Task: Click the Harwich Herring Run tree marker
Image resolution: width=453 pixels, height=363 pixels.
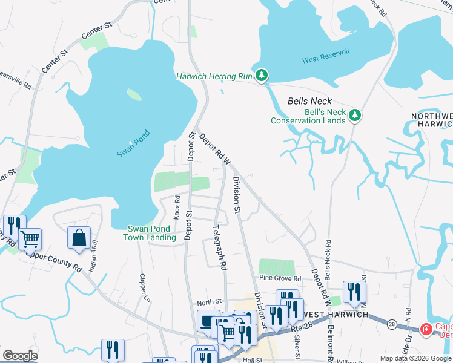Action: click(262, 76)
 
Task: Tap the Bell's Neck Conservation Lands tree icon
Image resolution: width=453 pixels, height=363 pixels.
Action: click(355, 114)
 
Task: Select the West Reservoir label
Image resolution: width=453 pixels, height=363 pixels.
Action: click(326, 60)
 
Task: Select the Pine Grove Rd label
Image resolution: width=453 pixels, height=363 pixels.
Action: click(280, 279)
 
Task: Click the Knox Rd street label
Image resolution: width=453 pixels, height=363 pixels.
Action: click(177, 207)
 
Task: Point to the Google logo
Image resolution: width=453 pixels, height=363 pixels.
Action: click(20, 356)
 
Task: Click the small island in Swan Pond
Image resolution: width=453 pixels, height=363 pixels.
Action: click(134, 95)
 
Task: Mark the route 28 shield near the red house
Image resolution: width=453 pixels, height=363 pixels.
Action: click(392, 325)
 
